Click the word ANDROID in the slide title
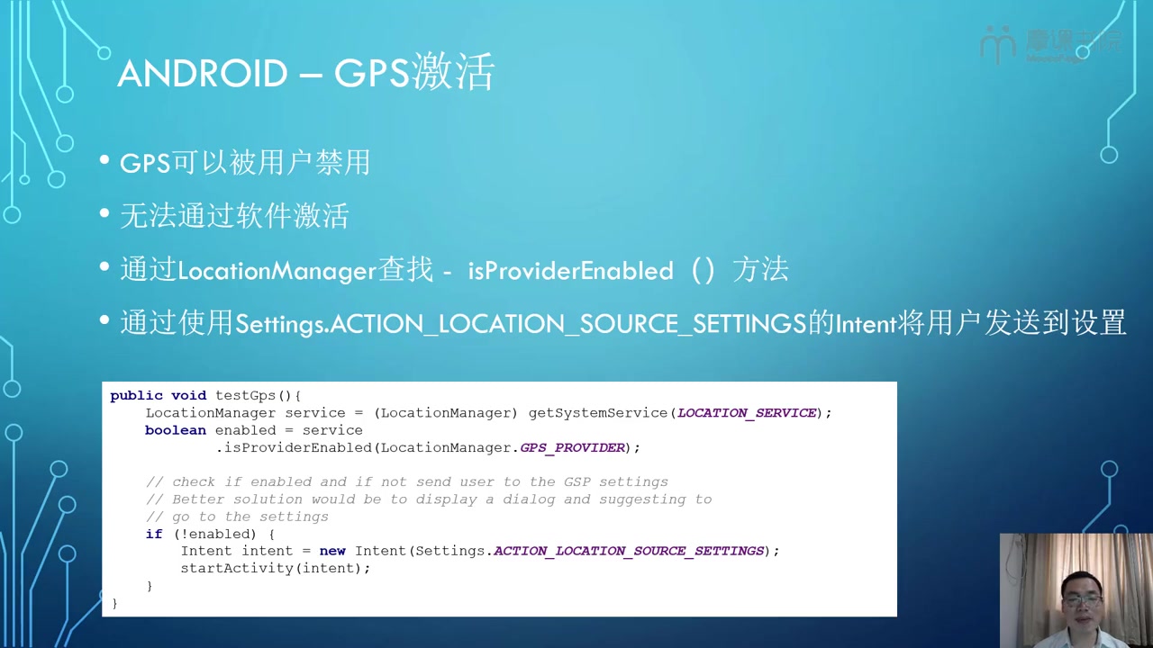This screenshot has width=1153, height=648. click(203, 73)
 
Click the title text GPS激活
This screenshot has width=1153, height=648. click(414, 72)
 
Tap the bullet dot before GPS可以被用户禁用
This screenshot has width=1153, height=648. click(104, 160)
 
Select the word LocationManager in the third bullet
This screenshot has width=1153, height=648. click(277, 271)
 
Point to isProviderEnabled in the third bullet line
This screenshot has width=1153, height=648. click(570, 271)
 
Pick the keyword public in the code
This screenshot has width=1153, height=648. click(136, 395)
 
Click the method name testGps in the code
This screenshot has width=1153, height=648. click(246, 395)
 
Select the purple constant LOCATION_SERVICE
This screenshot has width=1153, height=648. click(747, 413)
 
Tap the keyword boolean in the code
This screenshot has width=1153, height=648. click(176, 430)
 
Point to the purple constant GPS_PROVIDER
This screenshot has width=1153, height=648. click(572, 447)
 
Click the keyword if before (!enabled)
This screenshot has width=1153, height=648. click(154, 534)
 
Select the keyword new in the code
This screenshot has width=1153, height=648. click(332, 551)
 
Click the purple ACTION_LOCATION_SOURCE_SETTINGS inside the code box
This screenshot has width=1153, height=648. click(629, 551)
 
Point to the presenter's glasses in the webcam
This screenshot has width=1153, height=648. click(1083, 599)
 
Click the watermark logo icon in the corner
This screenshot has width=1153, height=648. click(997, 44)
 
